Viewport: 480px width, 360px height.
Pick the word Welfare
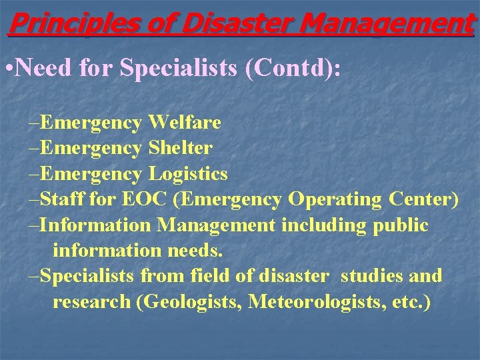(185, 123)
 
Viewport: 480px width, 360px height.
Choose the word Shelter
(180, 148)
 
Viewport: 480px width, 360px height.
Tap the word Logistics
(188, 174)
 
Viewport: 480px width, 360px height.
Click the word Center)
(425, 199)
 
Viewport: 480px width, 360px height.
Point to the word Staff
(63, 199)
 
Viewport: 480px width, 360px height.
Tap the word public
(399, 225)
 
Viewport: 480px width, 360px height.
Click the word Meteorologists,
(313, 301)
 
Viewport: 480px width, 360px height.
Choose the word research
(91, 302)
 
